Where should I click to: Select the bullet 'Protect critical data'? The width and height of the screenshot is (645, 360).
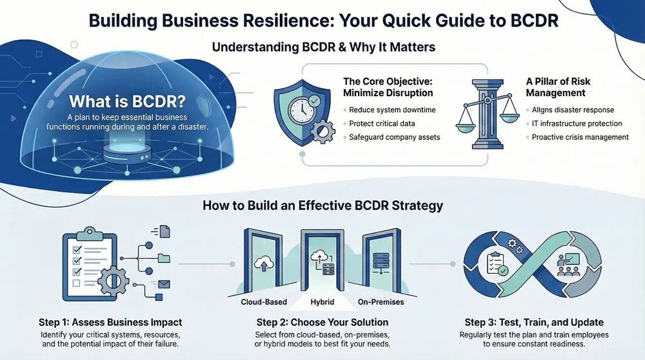coord(382,124)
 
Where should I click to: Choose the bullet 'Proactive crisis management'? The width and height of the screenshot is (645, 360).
coord(580,137)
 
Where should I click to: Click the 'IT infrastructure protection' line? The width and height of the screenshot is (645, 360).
coord(577,124)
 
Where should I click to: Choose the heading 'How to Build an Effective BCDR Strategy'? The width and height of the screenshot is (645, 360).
coord(322,206)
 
